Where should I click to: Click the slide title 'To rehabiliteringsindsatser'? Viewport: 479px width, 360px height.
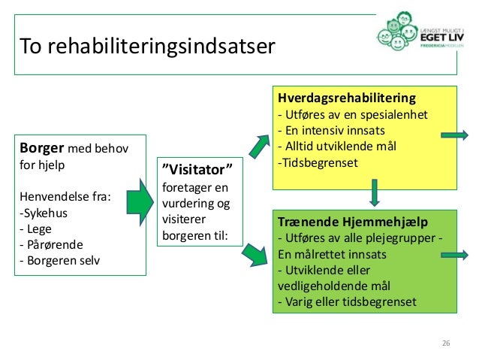[147, 47]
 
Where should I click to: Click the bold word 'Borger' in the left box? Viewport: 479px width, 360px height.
[44, 148]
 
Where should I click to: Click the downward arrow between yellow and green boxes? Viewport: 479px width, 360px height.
[373, 192]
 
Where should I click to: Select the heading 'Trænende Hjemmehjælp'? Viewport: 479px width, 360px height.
[342, 222]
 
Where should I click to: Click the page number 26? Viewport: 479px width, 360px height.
[446, 343]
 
